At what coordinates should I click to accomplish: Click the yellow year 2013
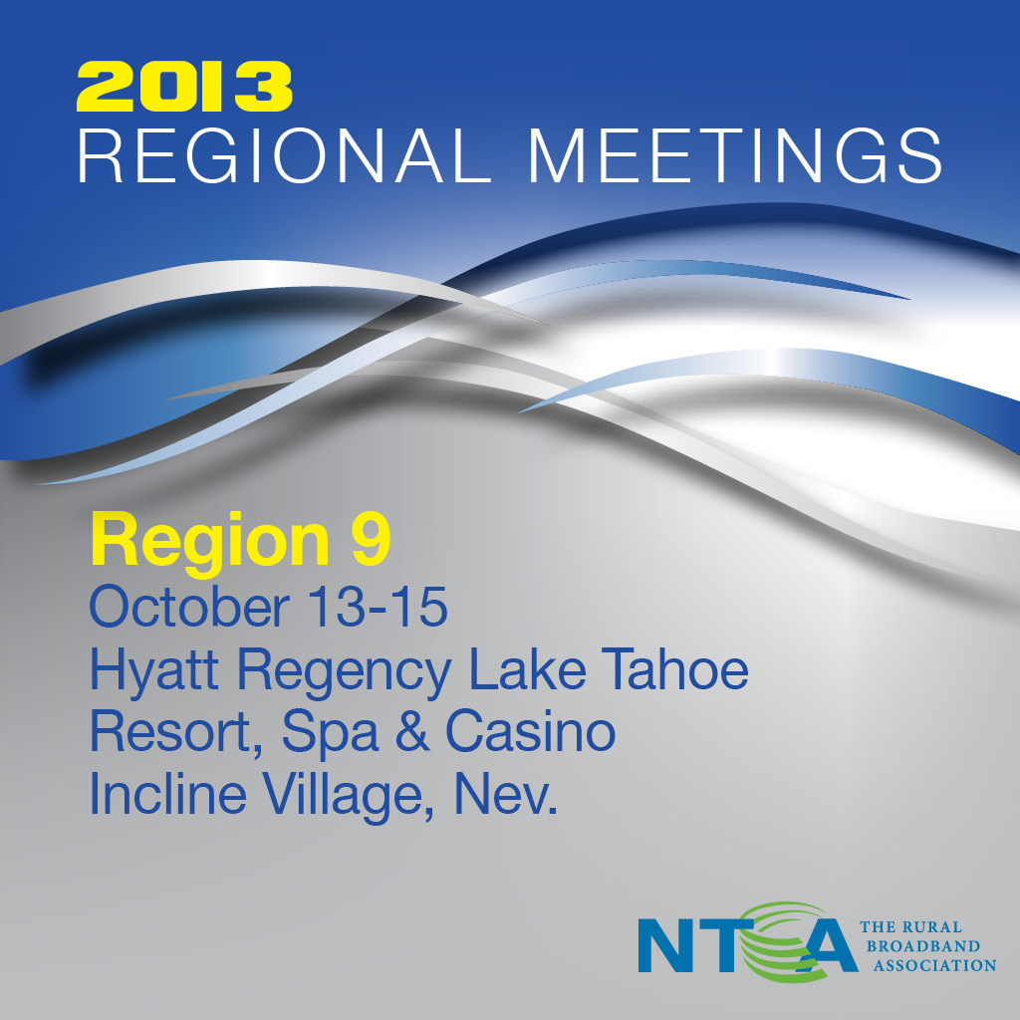[184, 87]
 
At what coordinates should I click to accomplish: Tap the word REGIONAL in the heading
[284, 154]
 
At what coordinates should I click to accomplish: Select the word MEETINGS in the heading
[735, 154]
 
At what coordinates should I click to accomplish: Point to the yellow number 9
[371, 539]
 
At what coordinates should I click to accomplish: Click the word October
[189, 607]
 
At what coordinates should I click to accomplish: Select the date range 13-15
[380, 607]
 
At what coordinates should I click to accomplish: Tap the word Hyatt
[153, 670]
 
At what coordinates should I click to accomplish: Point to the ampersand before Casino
[412, 731]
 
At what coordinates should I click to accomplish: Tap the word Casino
[530, 731]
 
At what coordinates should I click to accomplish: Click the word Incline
[167, 793]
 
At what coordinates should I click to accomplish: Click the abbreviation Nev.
[505, 794]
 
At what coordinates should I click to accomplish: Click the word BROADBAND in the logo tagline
[922, 946]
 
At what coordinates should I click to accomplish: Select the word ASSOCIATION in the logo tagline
[934, 965]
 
